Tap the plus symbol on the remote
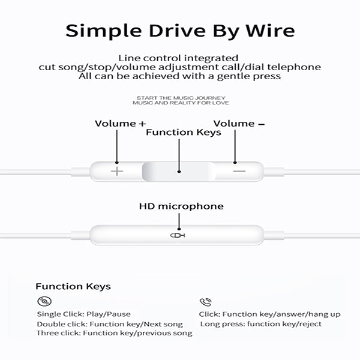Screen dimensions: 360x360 [x=117, y=171]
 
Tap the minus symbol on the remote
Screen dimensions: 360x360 [x=239, y=171]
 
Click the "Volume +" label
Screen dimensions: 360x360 [x=120, y=124]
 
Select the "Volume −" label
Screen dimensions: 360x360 [x=239, y=124]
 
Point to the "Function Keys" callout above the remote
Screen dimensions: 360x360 [x=184, y=133]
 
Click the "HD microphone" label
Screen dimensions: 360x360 [x=181, y=206]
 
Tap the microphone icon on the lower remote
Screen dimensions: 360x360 [x=178, y=235]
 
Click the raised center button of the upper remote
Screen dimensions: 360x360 [x=179, y=171]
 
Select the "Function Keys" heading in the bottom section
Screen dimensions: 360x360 [x=73, y=287]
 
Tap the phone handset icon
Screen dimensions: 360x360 [x=205, y=302]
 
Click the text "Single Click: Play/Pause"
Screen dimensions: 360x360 [x=83, y=314]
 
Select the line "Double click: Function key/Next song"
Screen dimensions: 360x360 [x=109, y=324]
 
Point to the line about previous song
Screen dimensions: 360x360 [x=114, y=333]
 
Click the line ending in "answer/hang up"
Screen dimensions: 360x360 [x=269, y=314]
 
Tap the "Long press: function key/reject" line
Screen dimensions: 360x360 [x=260, y=324]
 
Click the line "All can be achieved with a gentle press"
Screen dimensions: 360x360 [x=179, y=76]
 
